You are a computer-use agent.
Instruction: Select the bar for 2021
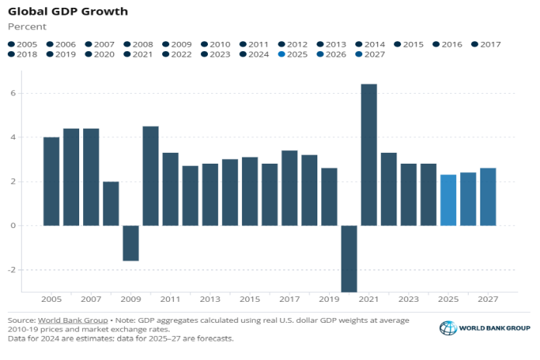pos(369,155)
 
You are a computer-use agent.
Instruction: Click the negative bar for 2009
pos(131,243)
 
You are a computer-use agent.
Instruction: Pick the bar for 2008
pos(111,203)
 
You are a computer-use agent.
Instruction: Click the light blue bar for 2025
pos(448,200)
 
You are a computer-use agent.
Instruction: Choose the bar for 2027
pos(488,197)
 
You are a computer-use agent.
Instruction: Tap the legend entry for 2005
pos(23,45)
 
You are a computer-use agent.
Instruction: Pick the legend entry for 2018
pos(23,54)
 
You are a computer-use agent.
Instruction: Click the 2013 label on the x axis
pos(210,299)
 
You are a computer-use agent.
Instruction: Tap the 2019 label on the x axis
pos(329,299)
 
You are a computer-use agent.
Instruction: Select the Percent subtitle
pos(26,26)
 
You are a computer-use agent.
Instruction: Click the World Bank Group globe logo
pos(448,328)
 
